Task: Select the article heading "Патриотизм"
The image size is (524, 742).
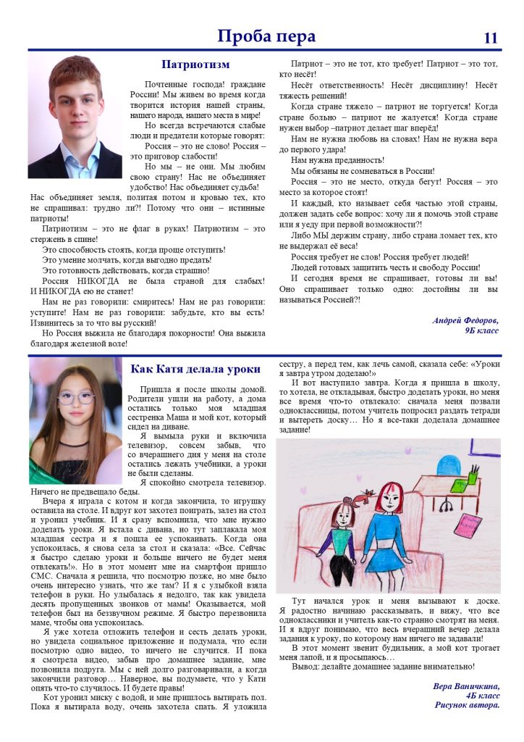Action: tap(190, 64)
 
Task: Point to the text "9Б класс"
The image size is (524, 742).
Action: tap(481, 330)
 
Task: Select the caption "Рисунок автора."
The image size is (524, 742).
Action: tap(467, 704)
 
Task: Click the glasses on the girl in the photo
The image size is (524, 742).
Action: tap(75, 396)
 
